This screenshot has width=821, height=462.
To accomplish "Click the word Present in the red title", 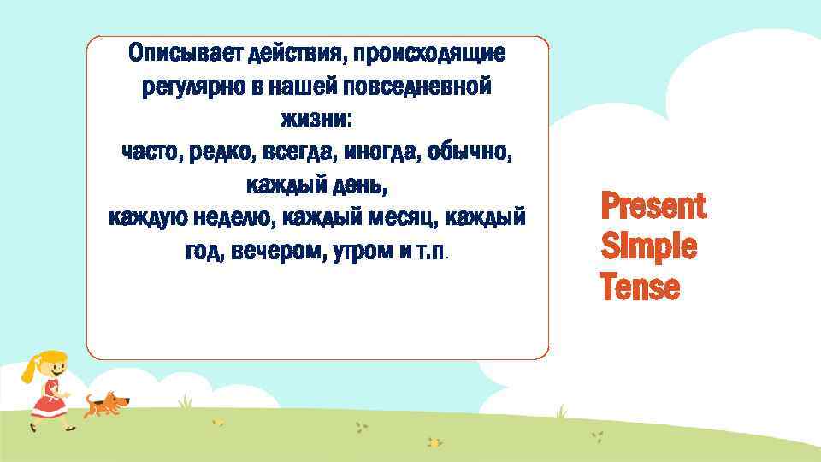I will (x=653, y=206).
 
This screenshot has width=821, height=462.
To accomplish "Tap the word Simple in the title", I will (x=648, y=247).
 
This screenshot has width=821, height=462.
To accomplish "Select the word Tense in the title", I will (x=640, y=287).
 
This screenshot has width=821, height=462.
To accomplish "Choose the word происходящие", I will (x=431, y=54).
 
